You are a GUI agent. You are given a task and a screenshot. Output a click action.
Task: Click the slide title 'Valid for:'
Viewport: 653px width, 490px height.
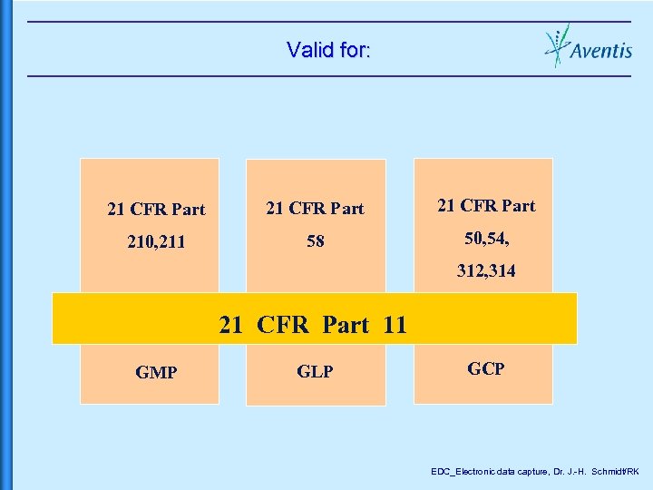327,49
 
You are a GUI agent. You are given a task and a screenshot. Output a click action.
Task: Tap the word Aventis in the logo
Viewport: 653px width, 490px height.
601,51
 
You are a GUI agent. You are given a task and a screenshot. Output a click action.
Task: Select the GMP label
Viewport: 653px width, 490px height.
156,372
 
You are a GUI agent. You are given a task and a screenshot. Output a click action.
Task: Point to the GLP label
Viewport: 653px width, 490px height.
315,372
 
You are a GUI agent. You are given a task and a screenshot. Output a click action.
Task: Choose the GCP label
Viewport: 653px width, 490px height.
485,368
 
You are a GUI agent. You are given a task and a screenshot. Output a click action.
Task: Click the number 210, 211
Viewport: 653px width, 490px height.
156,242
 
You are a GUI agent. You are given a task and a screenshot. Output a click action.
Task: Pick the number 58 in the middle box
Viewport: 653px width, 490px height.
315,242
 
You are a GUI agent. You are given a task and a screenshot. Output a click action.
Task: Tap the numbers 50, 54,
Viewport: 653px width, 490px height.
486,238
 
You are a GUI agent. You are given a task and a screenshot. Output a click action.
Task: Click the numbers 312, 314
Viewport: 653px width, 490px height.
486,270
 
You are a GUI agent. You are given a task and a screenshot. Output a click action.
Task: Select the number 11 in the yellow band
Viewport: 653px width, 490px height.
395,325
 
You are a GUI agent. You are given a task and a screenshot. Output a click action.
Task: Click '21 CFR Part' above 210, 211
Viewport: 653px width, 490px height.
156,210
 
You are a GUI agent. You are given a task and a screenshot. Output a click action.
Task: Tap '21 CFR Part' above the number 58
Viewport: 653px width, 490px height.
315,209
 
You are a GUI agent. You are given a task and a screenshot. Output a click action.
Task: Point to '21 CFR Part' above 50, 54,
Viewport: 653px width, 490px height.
486,206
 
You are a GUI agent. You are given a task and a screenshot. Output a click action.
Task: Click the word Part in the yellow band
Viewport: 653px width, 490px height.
346,325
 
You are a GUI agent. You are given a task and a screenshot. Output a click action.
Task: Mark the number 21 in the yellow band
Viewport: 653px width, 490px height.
230,325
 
